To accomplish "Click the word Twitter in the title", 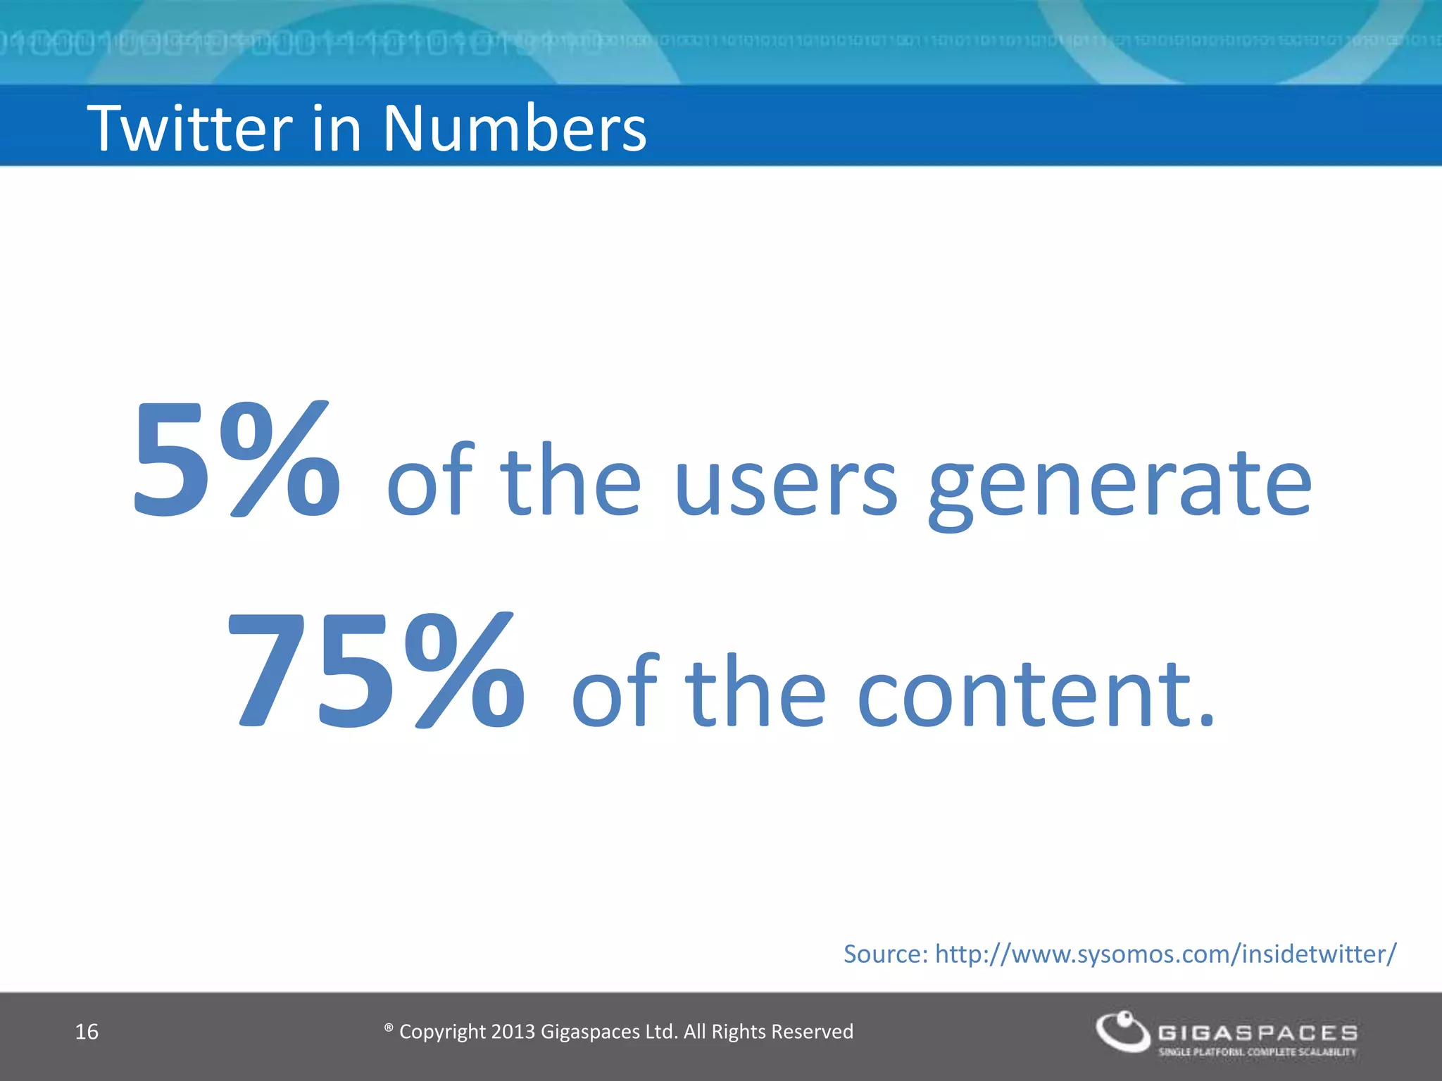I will (189, 128).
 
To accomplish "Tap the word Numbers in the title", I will (514, 128).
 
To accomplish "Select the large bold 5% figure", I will (237, 461).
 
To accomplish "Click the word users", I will (786, 482).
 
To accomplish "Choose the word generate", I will (1120, 486).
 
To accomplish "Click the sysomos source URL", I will (1165, 954).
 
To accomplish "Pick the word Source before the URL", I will (886, 954).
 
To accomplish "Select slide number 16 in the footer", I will (87, 1032).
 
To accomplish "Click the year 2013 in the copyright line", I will (513, 1032).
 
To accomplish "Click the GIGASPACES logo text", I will (1258, 1032).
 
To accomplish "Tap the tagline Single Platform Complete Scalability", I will (1258, 1052).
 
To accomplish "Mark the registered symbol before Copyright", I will (389, 1028).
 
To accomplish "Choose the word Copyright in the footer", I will (442, 1032).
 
